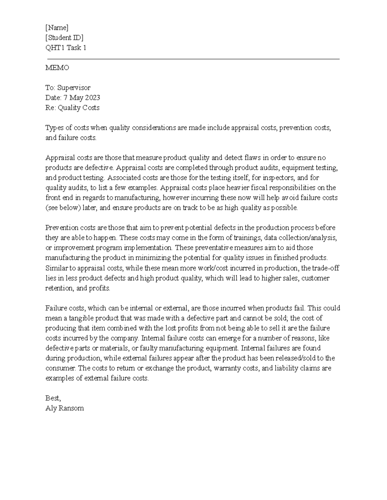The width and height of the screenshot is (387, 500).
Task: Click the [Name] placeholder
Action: pyautogui.click(x=57, y=28)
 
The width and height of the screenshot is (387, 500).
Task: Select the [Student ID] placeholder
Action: pyautogui.click(x=64, y=38)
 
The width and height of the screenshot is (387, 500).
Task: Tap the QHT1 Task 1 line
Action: pyautogui.click(x=66, y=48)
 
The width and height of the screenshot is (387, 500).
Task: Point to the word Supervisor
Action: pyautogui.click(x=74, y=88)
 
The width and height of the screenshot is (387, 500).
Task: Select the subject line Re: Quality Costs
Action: pyautogui.click(x=73, y=108)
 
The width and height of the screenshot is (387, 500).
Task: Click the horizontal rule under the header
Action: pyautogui.click(x=193, y=59)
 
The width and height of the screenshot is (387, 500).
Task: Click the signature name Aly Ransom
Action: pyautogui.click(x=64, y=408)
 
